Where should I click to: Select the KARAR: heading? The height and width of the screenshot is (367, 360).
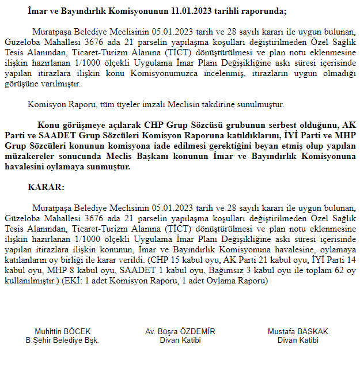click(x=46, y=188)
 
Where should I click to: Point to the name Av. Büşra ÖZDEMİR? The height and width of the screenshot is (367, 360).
click(x=180, y=332)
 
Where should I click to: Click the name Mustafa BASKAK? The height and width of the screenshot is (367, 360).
click(x=298, y=332)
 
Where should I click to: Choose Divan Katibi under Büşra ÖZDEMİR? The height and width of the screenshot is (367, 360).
click(x=180, y=340)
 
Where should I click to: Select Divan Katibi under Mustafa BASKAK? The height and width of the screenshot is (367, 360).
click(x=298, y=340)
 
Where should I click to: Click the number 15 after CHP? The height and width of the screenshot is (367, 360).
click(x=170, y=260)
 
